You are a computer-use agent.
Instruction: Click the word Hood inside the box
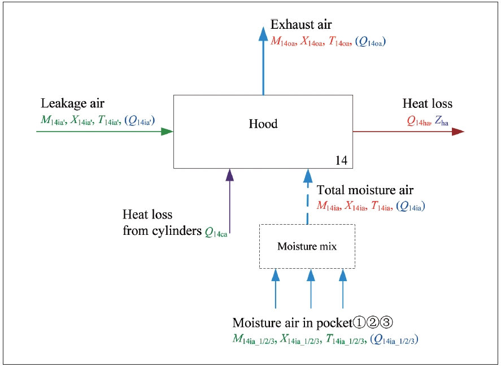tap(263, 124)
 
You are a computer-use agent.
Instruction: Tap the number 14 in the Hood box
tap(341, 160)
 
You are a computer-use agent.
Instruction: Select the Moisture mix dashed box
tap(307, 246)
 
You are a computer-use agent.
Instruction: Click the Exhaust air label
tap(301, 25)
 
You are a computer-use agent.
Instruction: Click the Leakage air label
tap(73, 103)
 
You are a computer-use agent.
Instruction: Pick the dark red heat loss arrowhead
tap(458, 132)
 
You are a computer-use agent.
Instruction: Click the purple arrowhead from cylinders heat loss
tap(229, 175)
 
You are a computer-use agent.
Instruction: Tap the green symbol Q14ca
tap(216, 231)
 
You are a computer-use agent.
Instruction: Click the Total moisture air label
tap(365, 190)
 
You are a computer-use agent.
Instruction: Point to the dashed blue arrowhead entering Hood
tap(308, 175)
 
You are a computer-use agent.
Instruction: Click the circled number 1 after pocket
tap(360, 323)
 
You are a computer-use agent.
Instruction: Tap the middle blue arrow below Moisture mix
tap(310, 288)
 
